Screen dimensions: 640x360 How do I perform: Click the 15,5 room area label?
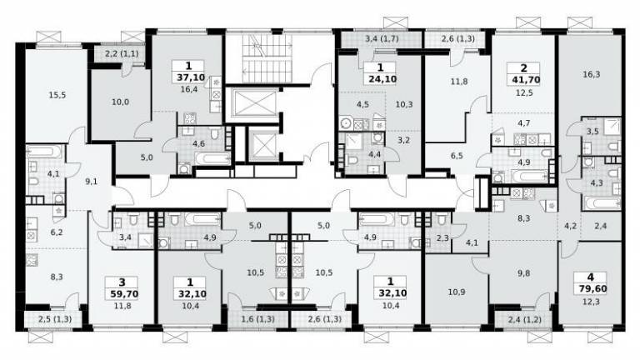(x=57, y=95)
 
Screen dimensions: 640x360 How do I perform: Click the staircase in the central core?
(x=262, y=58)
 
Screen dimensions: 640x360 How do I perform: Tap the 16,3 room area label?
(x=591, y=75)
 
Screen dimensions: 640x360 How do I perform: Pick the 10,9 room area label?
(x=457, y=292)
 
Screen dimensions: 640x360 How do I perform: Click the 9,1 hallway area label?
(x=92, y=182)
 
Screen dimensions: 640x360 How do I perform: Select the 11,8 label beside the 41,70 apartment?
(x=459, y=82)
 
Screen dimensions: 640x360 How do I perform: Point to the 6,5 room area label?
(x=457, y=156)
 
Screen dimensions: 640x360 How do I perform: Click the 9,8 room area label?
(x=523, y=273)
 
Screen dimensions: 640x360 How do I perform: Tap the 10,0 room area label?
(x=120, y=102)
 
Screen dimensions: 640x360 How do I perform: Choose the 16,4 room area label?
(x=189, y=89)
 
